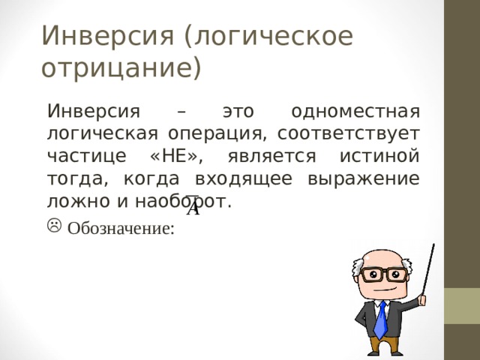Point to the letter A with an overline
(193, 208)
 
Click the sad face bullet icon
(55, 225)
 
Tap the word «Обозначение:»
(121, 229)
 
